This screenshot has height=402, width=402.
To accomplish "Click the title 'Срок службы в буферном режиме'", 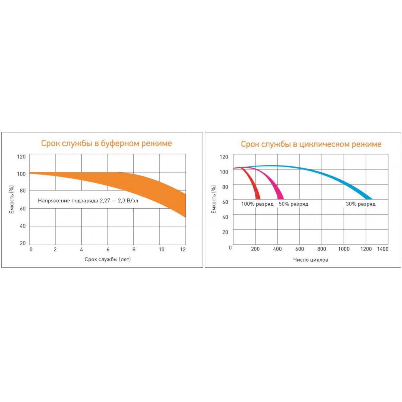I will click(x=107, y=143).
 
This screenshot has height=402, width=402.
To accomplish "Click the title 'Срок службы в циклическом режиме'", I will click(x=311, y=144).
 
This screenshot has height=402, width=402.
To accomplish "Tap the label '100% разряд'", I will click(x=257, y=204).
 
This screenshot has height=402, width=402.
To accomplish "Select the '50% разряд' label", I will click(x=293, y=204).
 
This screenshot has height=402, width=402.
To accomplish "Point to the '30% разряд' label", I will click(x=360, y=204).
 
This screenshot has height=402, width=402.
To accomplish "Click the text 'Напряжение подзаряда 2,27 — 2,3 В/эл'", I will click(x=88, y=201).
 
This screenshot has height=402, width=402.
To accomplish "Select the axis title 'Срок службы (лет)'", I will click(x=108, y=259).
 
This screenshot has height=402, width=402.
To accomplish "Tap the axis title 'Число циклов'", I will click(x=311, y=260).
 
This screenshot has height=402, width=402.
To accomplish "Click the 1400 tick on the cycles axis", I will click(x=383, y=249).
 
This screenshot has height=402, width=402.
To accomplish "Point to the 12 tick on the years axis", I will click(x=183, y=250).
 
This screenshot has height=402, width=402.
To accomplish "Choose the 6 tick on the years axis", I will click(x=108, y=250).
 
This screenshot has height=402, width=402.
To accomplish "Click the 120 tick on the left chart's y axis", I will click(x=21, y=157).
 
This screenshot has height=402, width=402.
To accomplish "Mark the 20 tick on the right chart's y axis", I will click(x=225, y=232).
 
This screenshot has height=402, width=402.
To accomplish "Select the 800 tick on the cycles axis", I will click(x=322, y=249).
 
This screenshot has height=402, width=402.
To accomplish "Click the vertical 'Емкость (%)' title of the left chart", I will click(x=12, y=200).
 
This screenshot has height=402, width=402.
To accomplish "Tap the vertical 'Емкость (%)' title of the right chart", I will click(x=214, y=200).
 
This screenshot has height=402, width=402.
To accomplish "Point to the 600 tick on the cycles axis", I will click(x=299, y=249).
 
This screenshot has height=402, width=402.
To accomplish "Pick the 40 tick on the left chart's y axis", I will click(x=22, y=226).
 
